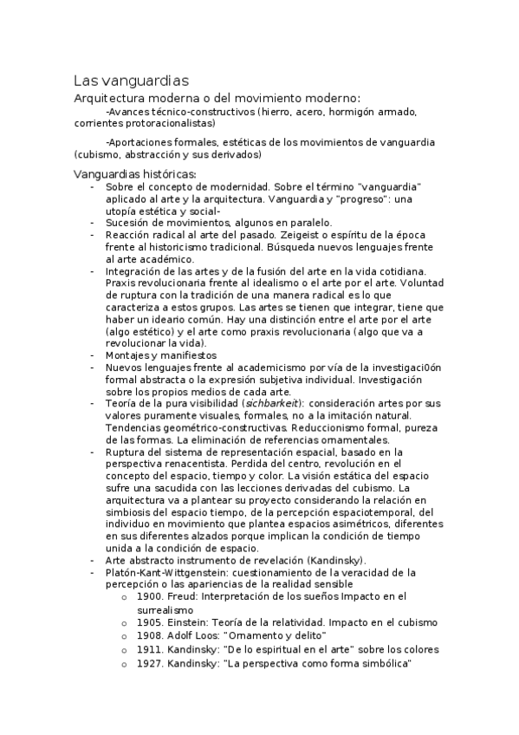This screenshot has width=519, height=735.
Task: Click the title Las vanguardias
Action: (x=131, y=81)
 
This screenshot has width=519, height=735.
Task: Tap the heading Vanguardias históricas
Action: (x=134, y=173)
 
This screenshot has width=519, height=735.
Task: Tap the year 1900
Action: (x=150, y=597)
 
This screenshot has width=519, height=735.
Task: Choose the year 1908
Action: (x=150, y=635)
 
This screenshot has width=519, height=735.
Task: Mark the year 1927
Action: (x=150, y=663)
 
